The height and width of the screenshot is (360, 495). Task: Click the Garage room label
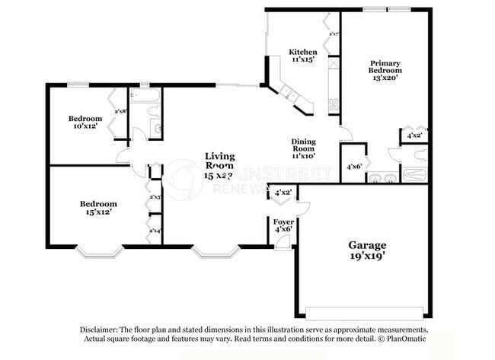pos(367,245)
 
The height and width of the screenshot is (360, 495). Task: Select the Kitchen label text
pos(302,53)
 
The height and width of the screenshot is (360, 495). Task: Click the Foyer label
pos(283,221)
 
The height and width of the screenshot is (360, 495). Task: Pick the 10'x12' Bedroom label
pos(85,119)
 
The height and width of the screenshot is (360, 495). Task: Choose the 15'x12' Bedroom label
pos(98,204)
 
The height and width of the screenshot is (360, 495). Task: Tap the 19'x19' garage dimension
pos(367,257)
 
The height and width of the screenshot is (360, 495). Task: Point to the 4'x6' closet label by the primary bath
pos(354,166)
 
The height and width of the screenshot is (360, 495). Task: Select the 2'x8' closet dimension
pos(120,112)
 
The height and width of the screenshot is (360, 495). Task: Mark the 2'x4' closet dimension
pos(155,230)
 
